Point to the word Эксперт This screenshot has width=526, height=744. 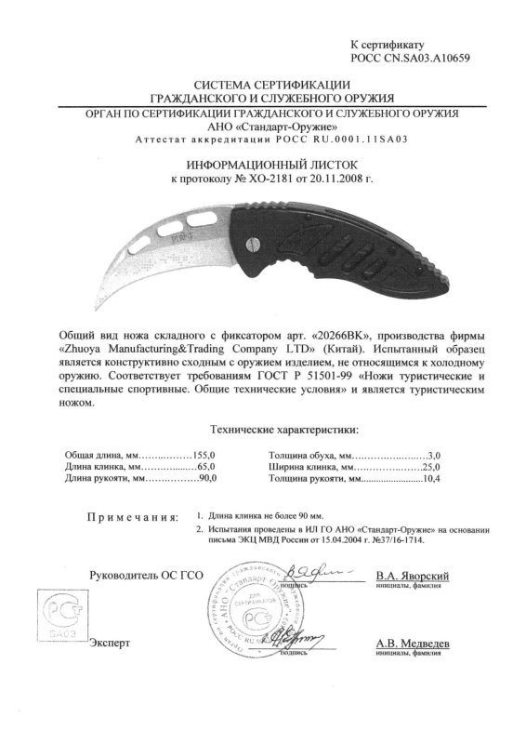[109, 643]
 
